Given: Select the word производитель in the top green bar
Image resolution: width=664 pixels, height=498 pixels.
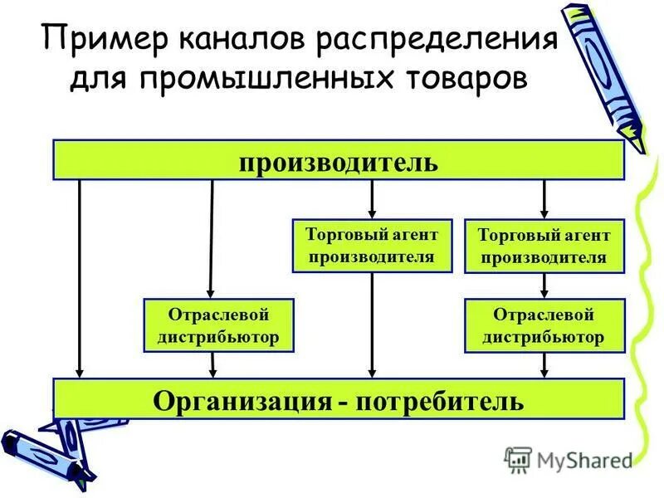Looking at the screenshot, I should [338, 160].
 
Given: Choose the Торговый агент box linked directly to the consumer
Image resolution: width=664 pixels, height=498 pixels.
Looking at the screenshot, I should [372, 246].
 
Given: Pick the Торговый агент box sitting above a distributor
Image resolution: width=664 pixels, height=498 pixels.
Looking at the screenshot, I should [543, 246].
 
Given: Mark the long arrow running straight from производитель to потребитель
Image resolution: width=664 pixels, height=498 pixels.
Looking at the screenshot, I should [80, 278].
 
